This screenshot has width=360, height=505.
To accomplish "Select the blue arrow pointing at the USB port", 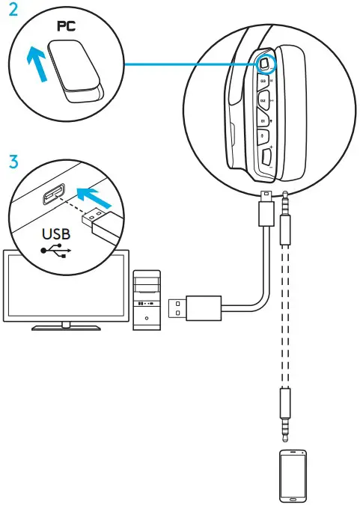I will point(100,197).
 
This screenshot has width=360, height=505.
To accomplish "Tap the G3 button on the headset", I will point(263,80).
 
